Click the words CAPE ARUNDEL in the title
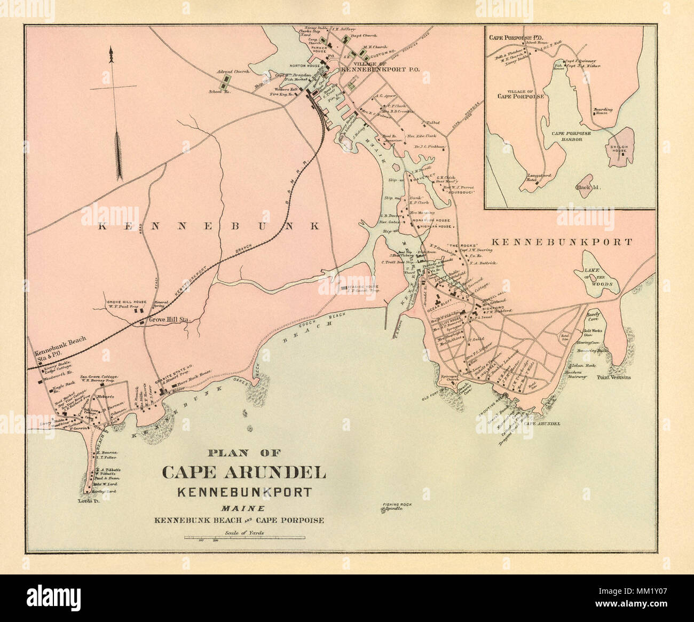tap(244, 474)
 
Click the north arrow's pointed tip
tap(111, 49)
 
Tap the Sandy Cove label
tap(594, 317)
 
